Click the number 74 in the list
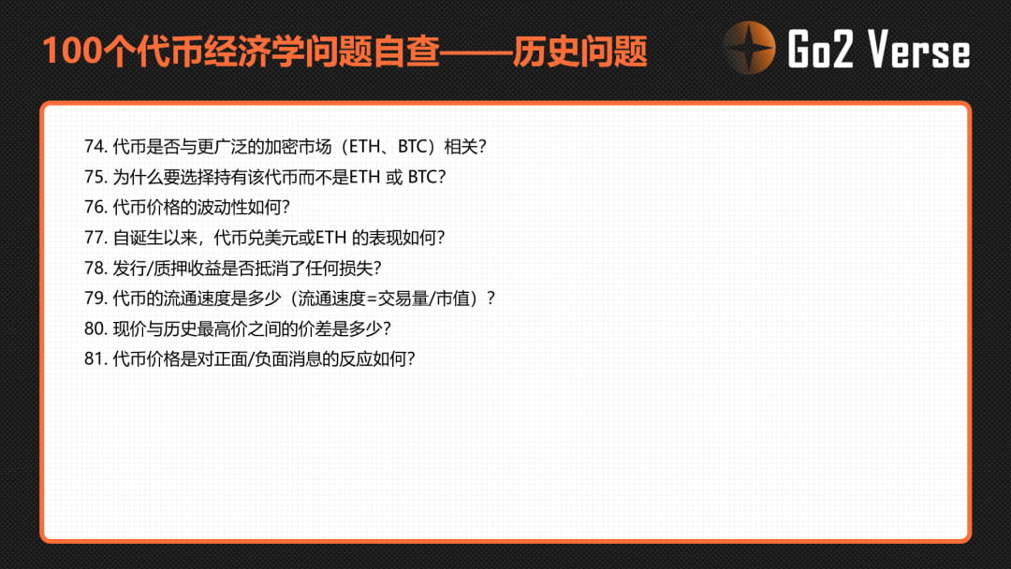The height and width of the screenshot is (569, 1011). [95, 147]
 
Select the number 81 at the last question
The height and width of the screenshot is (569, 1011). [95, 359]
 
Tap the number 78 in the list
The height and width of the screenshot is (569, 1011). [95, 268]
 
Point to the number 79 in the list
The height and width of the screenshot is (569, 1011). [95, 299]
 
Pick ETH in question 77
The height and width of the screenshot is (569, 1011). [330, 238]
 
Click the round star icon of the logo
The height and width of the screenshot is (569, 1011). [749, 49]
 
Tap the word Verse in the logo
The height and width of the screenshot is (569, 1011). [918, 50]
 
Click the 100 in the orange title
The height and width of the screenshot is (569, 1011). [72, 51]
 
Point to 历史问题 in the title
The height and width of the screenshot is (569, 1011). [580, 51]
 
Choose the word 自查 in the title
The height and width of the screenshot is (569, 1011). [406, 51]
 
